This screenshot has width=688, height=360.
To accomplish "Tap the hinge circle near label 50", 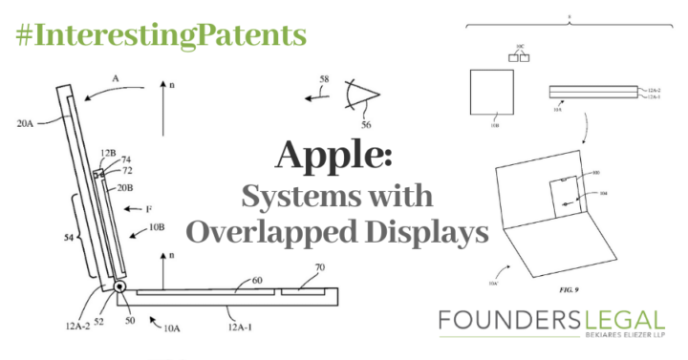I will (122, 287).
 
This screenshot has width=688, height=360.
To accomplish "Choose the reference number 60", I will (256, 281).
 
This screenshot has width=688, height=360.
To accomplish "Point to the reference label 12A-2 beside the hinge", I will (79, 326).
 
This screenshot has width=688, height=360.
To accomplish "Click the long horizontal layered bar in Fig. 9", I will (591, 92).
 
